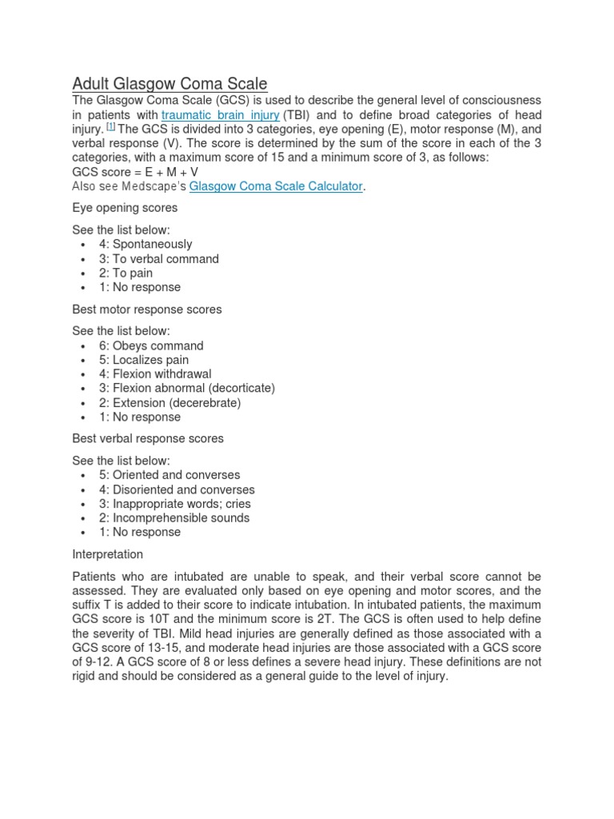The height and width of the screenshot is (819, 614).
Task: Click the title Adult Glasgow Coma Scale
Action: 169,83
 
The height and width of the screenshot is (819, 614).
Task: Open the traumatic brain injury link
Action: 220,114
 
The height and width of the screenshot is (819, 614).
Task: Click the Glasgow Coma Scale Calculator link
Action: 276,186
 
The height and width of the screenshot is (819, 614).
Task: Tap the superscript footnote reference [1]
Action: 111,126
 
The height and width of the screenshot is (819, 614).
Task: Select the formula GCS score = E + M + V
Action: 136,172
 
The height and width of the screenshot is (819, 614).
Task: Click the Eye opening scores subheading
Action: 125,207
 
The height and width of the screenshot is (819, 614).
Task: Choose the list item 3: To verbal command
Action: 159,258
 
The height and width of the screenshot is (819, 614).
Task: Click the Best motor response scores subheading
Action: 147,309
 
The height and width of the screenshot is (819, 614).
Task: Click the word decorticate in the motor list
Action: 241,388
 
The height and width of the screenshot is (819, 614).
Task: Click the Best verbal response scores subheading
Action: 148,438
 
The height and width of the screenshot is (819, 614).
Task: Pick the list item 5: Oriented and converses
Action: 169,474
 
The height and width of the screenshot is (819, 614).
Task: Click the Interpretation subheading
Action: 108,553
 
